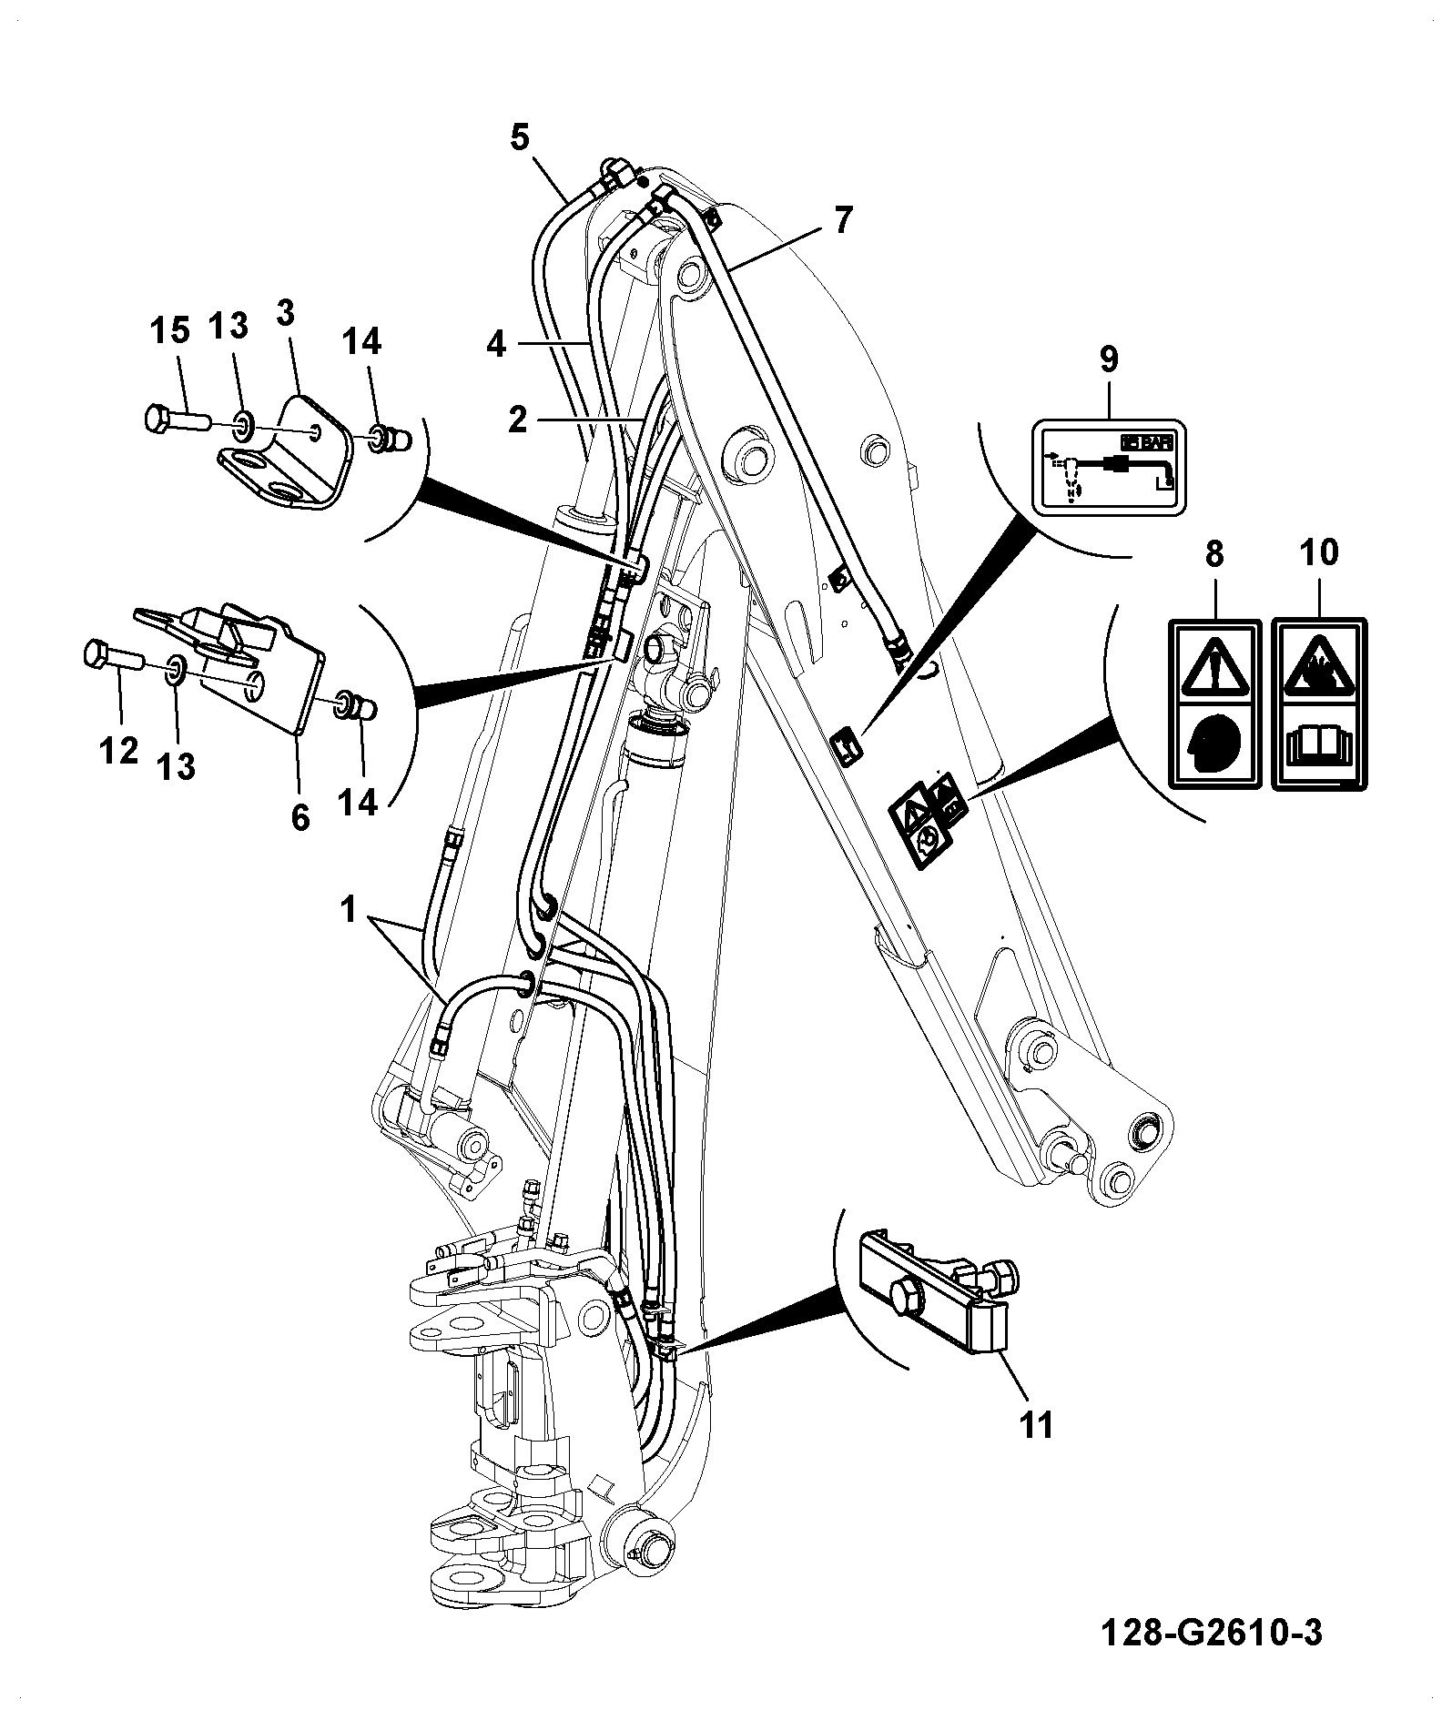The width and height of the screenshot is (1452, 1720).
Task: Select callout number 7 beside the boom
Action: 843,219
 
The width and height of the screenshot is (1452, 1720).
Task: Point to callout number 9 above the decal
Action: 1108,359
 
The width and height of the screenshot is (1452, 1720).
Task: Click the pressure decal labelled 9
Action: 1107,467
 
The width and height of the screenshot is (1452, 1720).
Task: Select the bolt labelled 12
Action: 112,655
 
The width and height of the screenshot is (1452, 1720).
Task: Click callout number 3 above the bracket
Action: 285,314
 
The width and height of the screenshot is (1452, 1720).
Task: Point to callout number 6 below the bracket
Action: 300,817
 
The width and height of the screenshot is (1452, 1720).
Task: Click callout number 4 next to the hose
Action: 496,345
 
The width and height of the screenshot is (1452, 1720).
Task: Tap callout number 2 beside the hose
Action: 517,420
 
